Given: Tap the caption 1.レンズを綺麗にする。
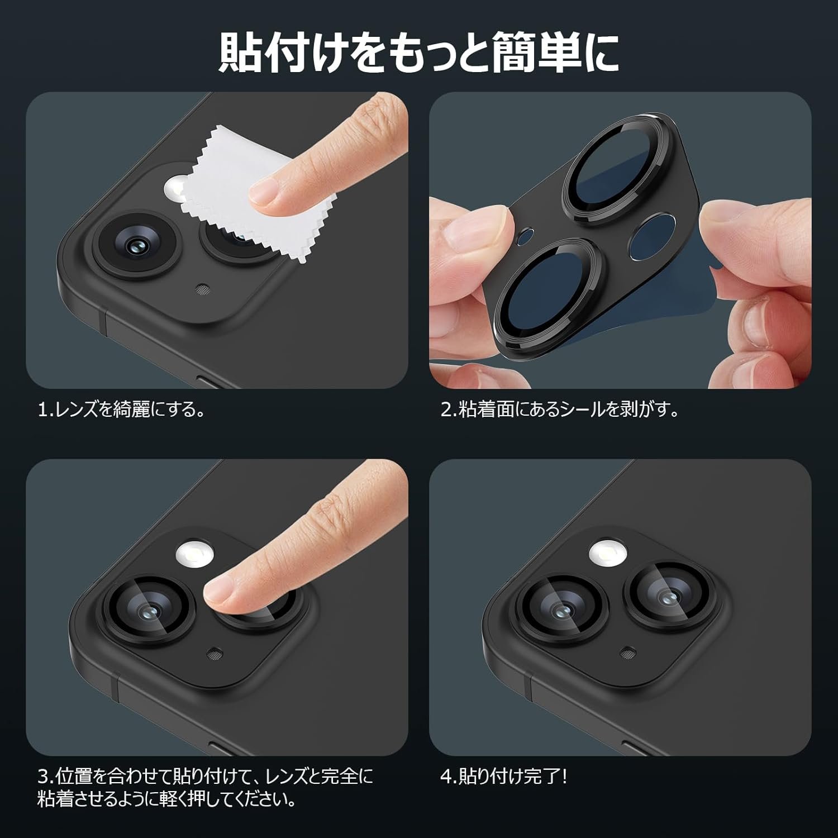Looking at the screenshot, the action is coord(121,411).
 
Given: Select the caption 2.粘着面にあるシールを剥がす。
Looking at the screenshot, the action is coord(560,411).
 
